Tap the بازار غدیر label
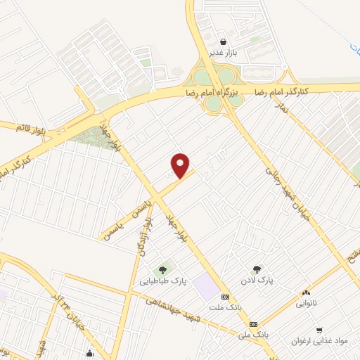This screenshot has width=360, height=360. [x=223, y=53]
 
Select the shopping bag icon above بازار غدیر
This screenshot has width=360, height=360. [x=223, y=41]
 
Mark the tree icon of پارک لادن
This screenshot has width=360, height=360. [x=257, y=268]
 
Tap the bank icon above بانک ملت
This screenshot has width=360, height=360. [x=225, y=297]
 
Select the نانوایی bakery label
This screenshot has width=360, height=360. [x=306, y=304]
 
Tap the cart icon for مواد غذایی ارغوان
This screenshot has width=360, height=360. [x=320, y=329]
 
